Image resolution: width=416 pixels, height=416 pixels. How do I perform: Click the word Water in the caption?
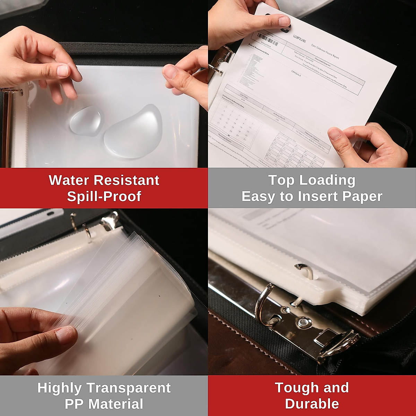pyautogui.click(x=69, y=180)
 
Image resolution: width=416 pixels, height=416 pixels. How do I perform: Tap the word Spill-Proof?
pyautogui.click(x=104, y=196)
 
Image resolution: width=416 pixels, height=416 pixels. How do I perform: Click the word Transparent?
pyautogui.click(x=129, y=388)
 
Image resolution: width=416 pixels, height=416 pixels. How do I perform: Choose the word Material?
pyautogui.click(x=116, y=404)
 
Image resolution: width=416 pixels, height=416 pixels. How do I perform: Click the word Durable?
pyautogui.click(x=312, y=404)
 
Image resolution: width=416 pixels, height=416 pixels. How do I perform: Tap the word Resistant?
pyautogui.click(x=127, y=180)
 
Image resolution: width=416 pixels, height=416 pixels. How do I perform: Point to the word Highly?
pyautogui.click(x=60, y=388)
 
